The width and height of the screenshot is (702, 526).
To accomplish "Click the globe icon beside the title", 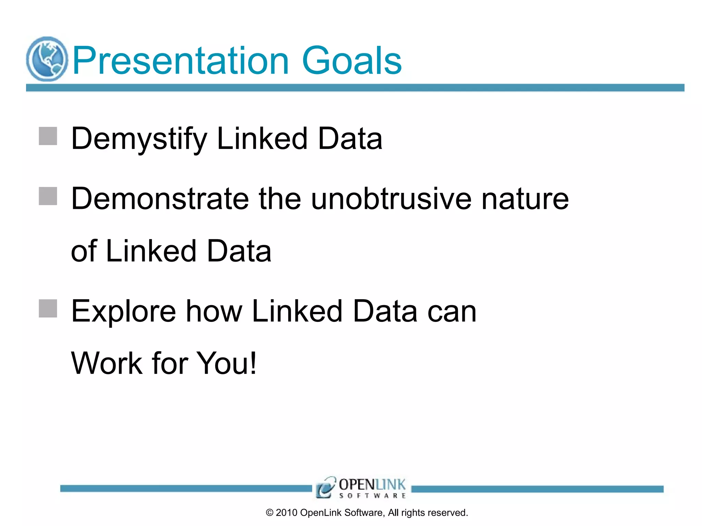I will click(47, 59).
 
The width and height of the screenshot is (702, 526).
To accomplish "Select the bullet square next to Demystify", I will click(48, 136).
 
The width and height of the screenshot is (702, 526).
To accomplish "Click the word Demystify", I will click(139, 139).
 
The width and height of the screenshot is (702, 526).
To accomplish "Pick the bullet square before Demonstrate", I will click(48, 196).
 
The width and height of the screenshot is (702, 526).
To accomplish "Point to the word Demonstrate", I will click(160, 199).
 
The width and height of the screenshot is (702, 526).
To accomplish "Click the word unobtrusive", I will click(391, 199).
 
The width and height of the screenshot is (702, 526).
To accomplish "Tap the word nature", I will click(525, 200).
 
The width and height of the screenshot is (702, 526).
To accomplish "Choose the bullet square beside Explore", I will click(48, 309).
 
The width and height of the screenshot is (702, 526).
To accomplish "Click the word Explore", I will click(123, 311).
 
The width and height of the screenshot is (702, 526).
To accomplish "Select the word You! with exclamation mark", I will click(226, 363).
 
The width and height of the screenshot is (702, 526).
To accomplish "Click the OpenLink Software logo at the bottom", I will click(361, 487).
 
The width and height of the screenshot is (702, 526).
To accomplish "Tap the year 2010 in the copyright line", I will click(286, 513).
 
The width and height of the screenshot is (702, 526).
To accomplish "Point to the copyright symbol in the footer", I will click(270, 513).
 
